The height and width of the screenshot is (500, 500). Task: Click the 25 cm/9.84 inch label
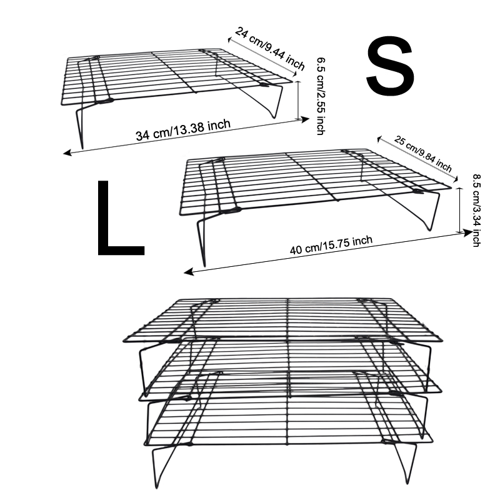pos(423,154)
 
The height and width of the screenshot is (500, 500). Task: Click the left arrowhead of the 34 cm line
pos(66,152)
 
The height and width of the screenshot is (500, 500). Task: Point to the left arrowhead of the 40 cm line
pos(187,272)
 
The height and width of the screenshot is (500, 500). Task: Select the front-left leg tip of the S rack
pos(81,141)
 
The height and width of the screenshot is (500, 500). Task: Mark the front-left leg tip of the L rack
pos(203,261)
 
